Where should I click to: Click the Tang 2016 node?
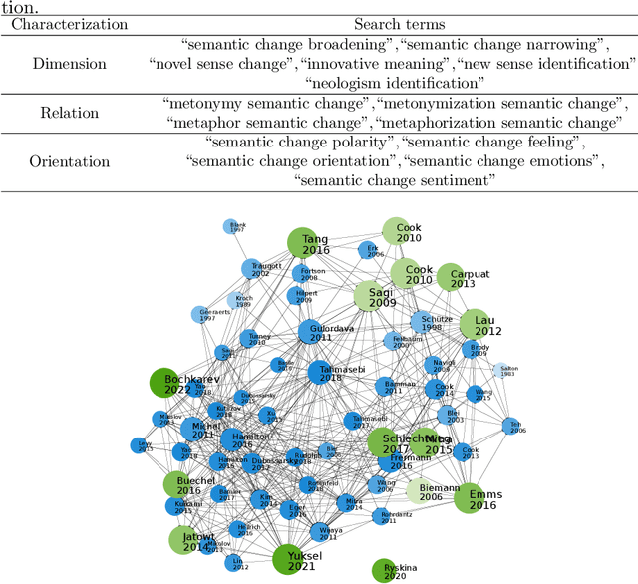(x=303, y=244)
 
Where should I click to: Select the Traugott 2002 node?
(x=252, y=269)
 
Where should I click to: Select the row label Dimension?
(x=69, y=64)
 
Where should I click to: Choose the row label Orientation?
(x=69, y=161)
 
